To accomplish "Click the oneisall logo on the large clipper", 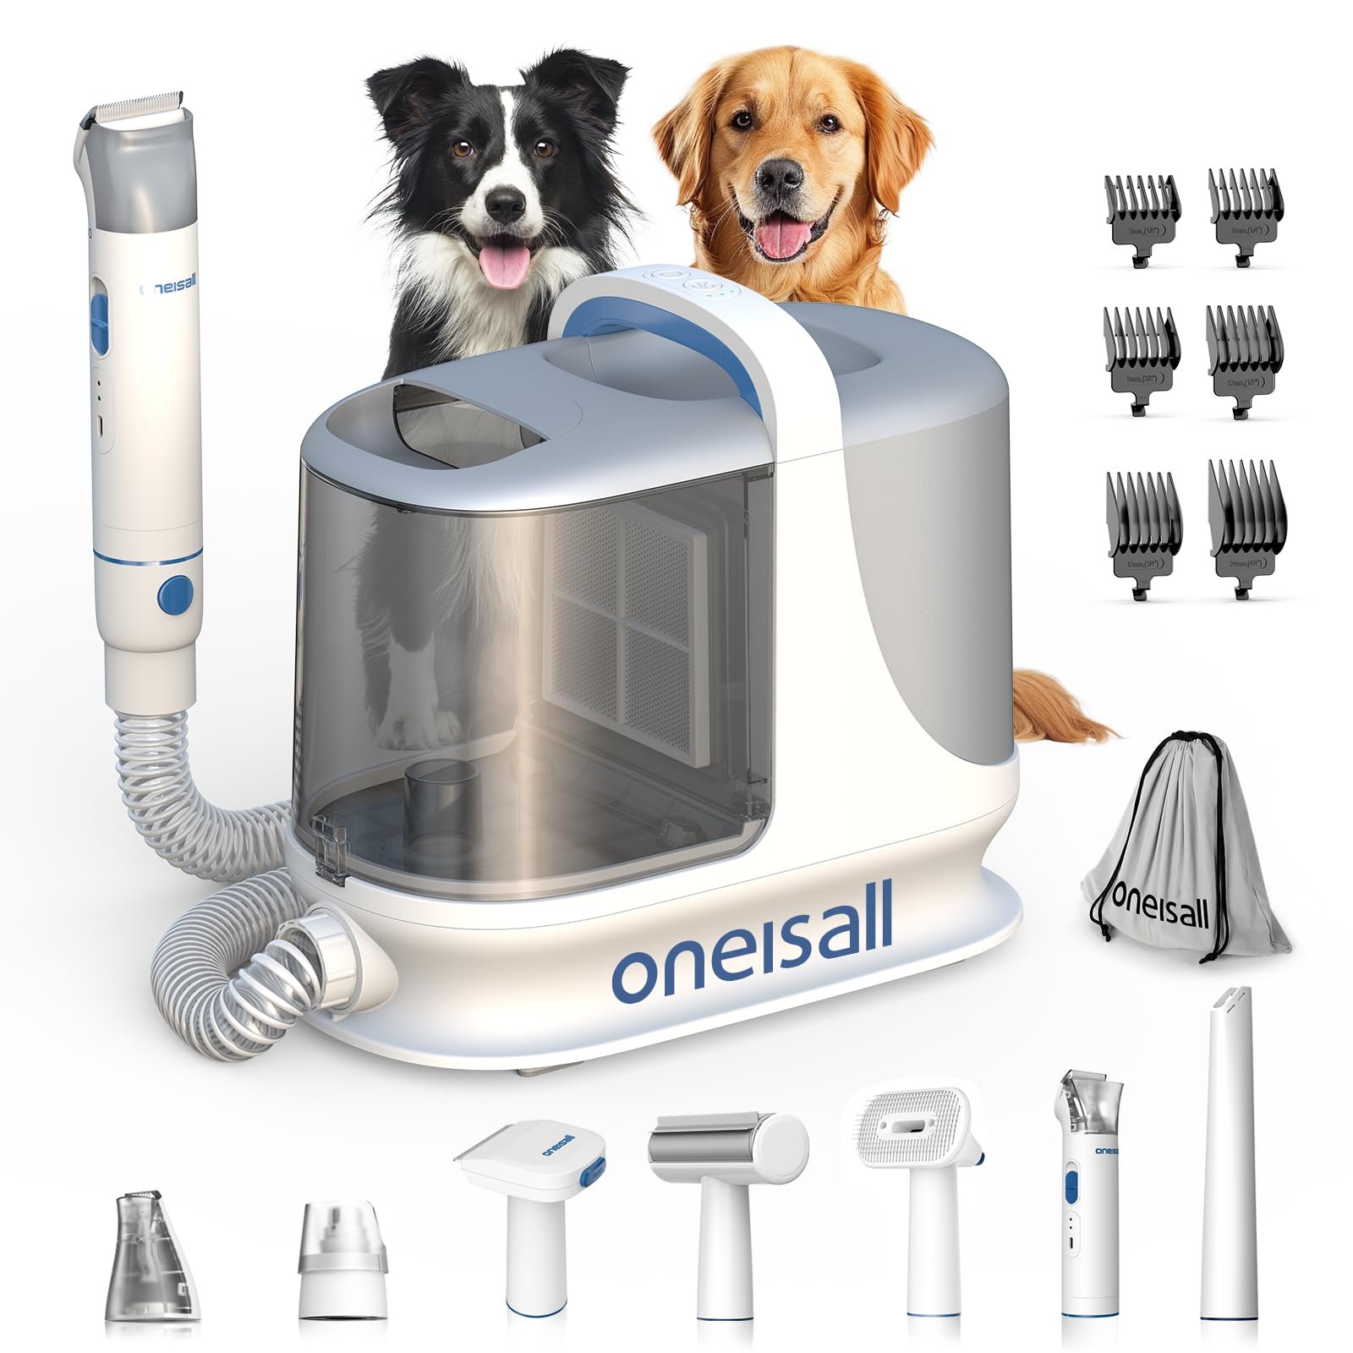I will [168, 287].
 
